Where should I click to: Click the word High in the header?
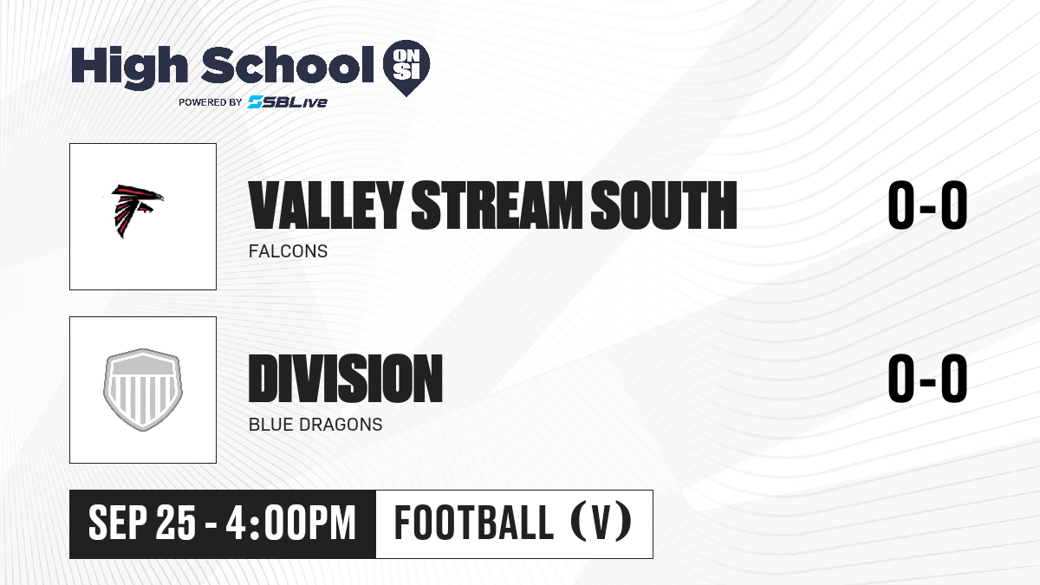click(x=129, y=67)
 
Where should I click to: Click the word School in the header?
click(x=288, y=65)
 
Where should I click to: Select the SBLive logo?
click(x=287, y=102)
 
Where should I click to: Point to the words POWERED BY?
click(x=211, y=102)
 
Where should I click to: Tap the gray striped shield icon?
click(x=142, y=390)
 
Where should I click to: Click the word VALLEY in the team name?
click(x=326, y=205)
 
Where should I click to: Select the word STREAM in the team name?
click(x=497, y=205)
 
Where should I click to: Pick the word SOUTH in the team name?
click(x=664, y=205)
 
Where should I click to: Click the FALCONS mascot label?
click(x=288, y=251)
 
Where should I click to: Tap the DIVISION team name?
click(x=346, y=379)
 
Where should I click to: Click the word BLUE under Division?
click(x=271, y=425)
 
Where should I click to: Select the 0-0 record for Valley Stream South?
click(x=927, y=205)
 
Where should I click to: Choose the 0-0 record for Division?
click(x=927, y=379)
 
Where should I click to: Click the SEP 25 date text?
click(x=142, y=523)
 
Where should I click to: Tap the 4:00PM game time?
click(x=290, y=523)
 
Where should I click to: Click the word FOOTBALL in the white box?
click(x=473, y=523)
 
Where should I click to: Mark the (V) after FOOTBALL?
click(x=601, y=523)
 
